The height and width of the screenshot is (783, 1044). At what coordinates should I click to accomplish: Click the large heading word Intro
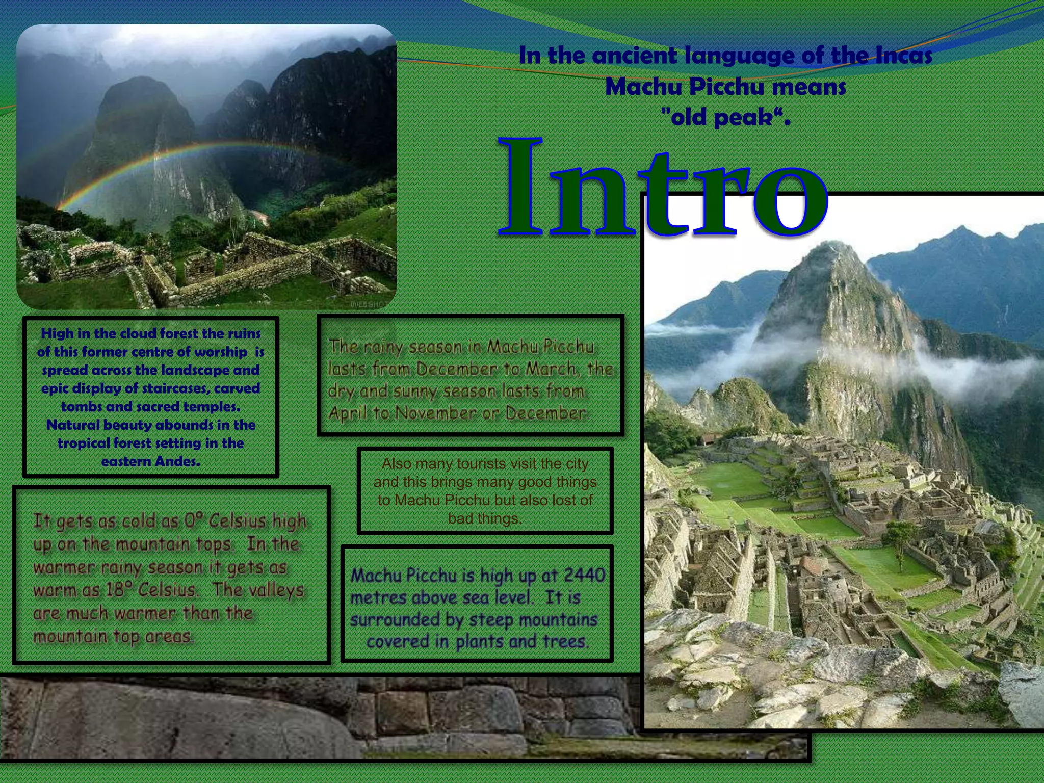click(x=663, y=189)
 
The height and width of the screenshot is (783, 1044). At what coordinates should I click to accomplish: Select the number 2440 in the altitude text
click(x=584, y=575)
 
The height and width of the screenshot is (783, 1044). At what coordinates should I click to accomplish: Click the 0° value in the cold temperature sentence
click(x=193, y=521)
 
